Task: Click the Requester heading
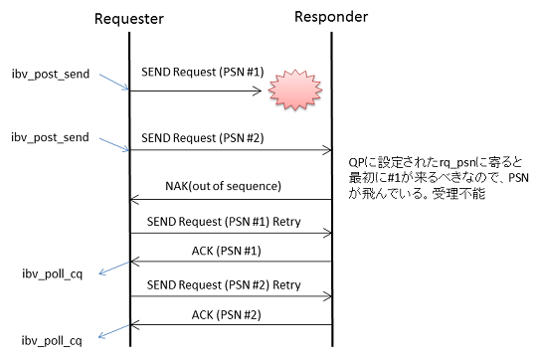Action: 129,19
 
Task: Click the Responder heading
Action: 331,17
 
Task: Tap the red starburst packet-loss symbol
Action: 295,90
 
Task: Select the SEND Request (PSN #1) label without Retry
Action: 203,73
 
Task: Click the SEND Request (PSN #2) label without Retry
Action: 203,138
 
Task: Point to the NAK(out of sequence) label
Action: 223,186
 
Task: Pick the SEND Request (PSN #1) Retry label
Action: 224,222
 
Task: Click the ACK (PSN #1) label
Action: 226,251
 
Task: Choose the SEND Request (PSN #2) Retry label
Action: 224,285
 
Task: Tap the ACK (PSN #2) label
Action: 226,315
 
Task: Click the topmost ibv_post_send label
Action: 51,74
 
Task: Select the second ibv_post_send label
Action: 50,137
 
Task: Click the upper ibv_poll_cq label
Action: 53,274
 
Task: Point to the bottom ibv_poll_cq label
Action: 52,341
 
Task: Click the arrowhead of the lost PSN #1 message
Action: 258,91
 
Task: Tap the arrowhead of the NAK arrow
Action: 135,200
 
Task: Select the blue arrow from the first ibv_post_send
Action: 114,82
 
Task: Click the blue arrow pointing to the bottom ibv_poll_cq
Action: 113,331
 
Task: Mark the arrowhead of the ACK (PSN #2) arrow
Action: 135,324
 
